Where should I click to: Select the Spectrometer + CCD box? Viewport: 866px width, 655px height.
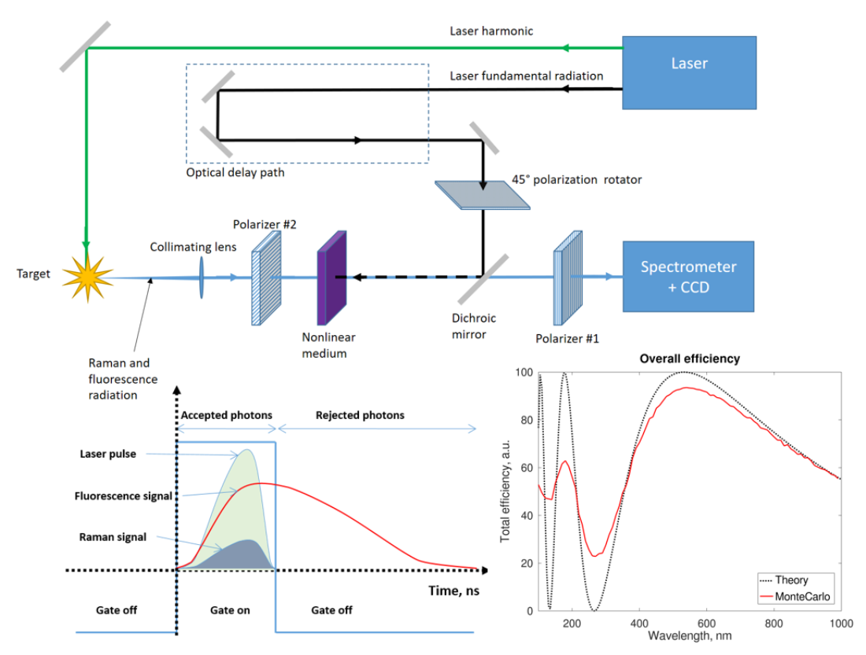[689, 277]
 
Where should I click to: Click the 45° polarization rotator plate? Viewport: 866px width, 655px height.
[482, 194]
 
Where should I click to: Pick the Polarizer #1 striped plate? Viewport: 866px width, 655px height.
[568, 277]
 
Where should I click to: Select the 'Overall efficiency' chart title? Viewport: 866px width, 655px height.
[689, 359]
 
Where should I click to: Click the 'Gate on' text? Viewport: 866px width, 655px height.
[230, 610]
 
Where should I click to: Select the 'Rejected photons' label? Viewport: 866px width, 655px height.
[360, 414]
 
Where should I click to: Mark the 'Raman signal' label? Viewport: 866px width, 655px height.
[113, 537]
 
